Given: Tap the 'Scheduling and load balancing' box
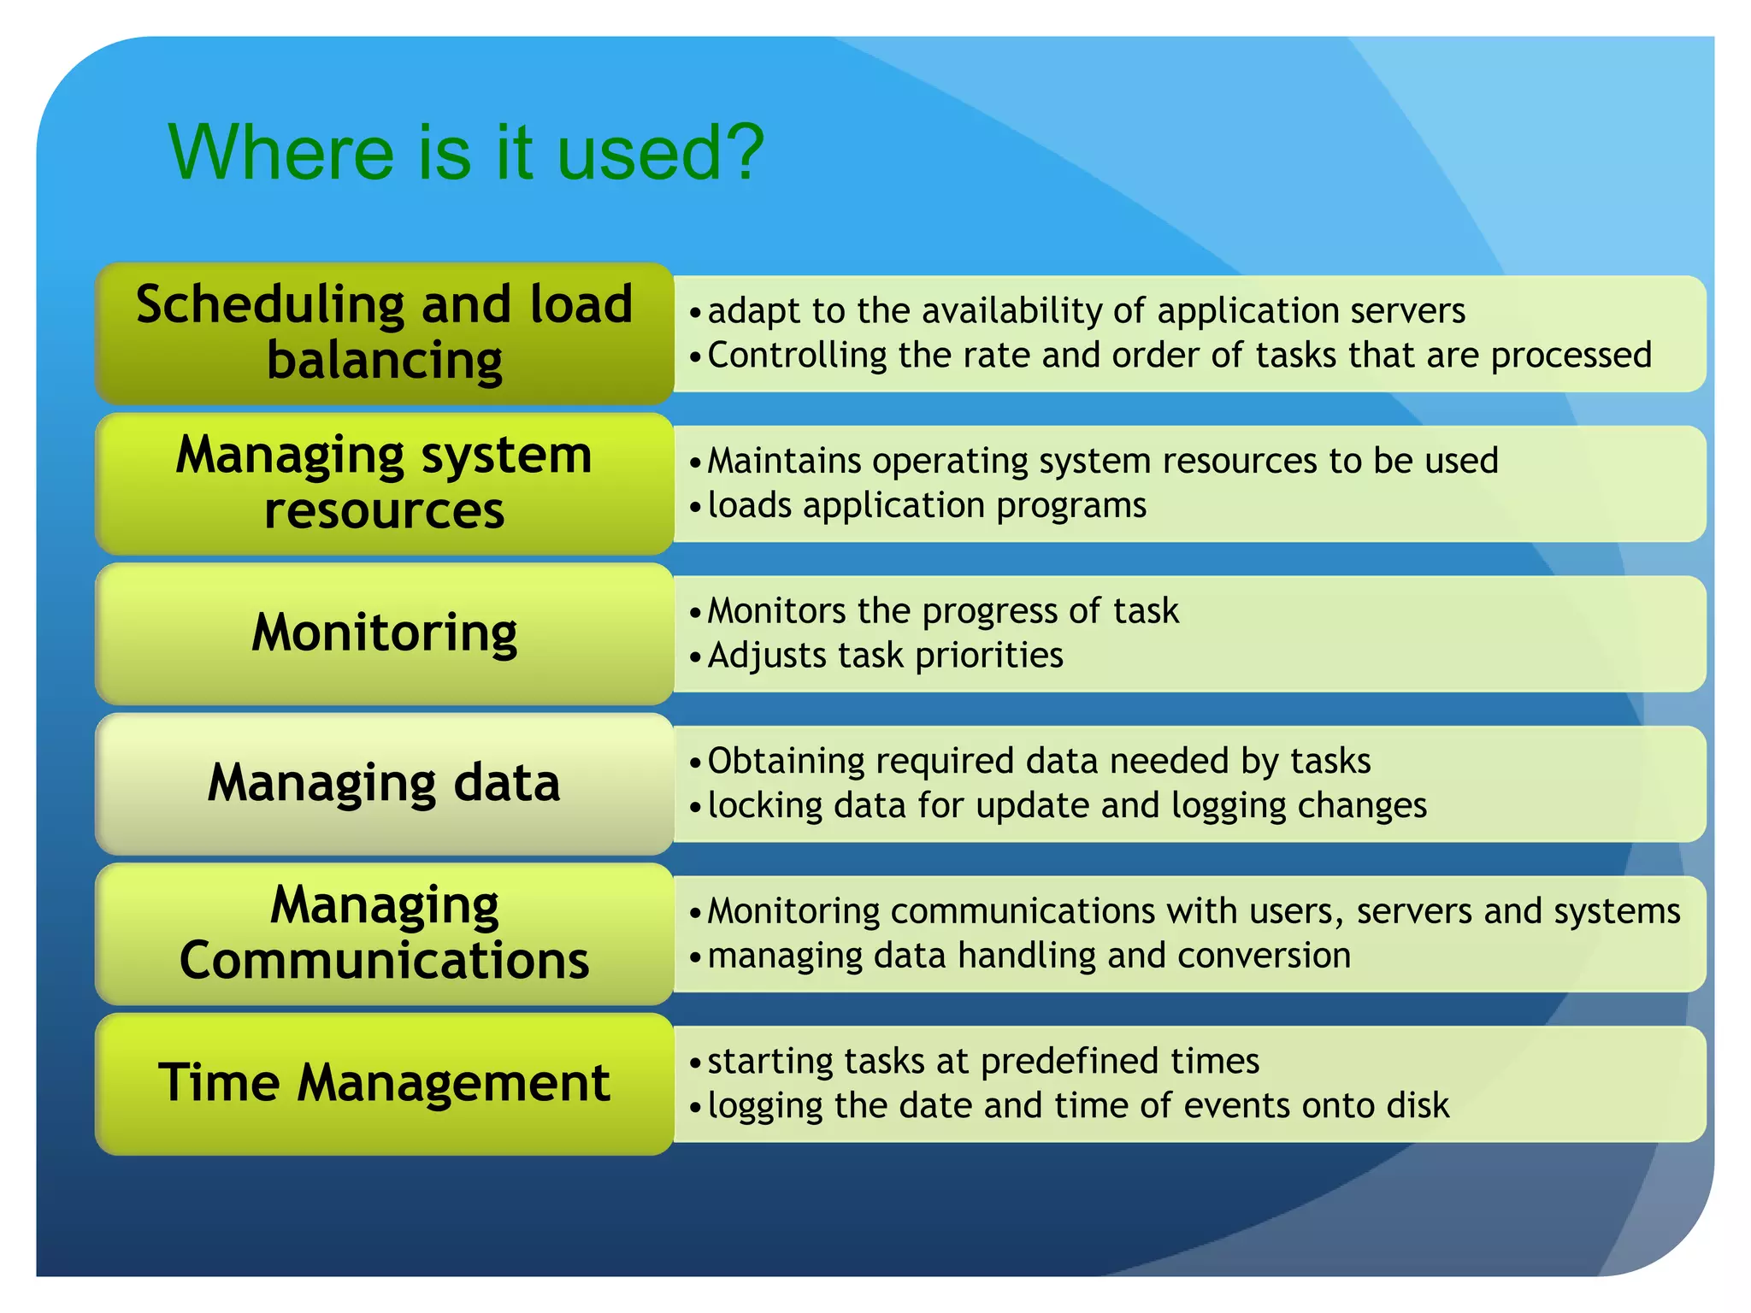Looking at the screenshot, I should click(x=384, y=333).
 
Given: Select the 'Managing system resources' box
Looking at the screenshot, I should click(x=384, y=483).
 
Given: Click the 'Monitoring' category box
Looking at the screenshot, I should click(x=384, y=633).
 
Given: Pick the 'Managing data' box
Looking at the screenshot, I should click(x=384, y=783).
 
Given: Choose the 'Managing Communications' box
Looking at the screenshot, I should click(x=384, y=933).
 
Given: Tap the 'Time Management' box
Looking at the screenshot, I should click(x=384, y=1083).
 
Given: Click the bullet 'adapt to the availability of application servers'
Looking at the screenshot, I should click(x=1086, y=310).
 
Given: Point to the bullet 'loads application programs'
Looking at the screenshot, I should click(x=927, y=505).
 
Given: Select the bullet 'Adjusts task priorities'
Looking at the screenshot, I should click(x=885, y=656).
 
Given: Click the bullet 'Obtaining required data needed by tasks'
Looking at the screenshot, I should click(x=1039, y=761).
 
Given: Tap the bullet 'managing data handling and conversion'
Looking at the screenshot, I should click(x=1029, y=956).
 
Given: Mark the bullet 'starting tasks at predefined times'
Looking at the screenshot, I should click(x=983, y=1062).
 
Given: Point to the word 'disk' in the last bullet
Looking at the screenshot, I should click(x=1418, y=1106).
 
